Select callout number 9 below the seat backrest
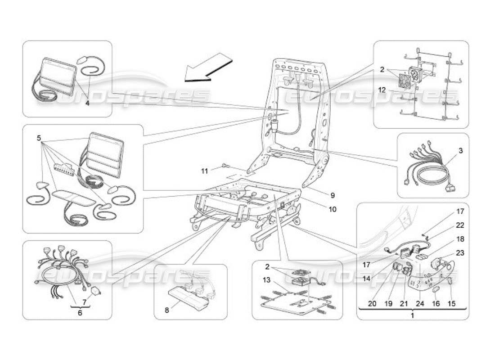(x=333, y=196)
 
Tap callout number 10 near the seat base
(x=333, y=209)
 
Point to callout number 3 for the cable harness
(x=460, y=151)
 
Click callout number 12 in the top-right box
(x=382, y=90)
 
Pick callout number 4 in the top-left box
(x=87, y=103)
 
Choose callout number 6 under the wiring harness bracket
(x=80, y=313)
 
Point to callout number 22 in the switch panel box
(x=460, y=225)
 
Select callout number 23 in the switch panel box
(x=460, y=253)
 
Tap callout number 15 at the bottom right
(x=451, y=304)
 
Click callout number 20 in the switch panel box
(x=372, y=304)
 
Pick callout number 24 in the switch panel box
(x=420, y=304)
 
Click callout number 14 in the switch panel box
(x=367, y=279)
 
